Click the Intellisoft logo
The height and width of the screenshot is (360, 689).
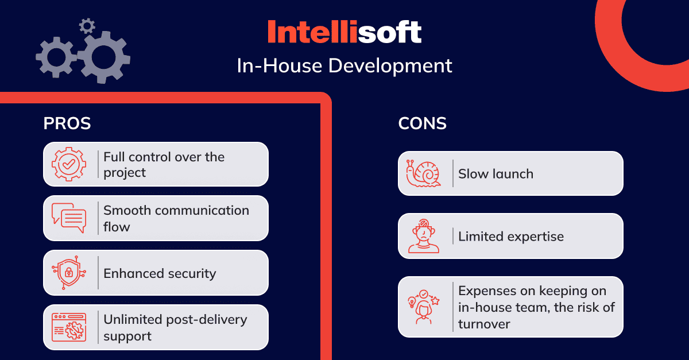point(344,32)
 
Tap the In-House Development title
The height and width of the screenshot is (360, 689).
point(344,66)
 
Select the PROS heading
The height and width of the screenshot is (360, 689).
point(67,123)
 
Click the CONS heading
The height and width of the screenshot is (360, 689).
point(422,123)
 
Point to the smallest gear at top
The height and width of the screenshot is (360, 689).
point(87,26)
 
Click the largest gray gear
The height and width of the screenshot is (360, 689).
point(104,57)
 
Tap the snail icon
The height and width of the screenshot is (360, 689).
point(423,173)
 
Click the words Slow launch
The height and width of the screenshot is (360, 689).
point(496,174)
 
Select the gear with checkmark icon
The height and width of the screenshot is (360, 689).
point(69,164)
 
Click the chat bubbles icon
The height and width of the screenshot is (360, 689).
point(69,218)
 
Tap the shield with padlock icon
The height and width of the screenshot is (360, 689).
point(69,273)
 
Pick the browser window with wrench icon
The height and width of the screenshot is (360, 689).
point(69,327)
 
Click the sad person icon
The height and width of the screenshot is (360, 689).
point(424,236)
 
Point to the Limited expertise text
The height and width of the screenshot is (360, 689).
point(511,237)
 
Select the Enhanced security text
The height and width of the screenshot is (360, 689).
point(160,273)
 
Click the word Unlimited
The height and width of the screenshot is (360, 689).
point(133,319)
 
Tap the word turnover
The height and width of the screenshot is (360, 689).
point(484,324)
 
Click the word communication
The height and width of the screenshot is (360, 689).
point(202,211)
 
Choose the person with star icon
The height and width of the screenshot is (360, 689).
point(424,307)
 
